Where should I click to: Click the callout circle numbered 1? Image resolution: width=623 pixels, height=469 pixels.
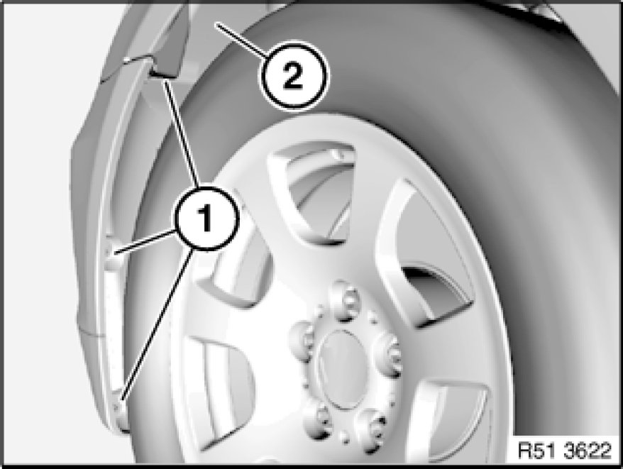click(x=206, y=219)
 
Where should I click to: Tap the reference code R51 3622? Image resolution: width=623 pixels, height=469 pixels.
click(x=565, y=451)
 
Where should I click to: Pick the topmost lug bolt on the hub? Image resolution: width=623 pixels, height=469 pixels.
click(x=344, y=300)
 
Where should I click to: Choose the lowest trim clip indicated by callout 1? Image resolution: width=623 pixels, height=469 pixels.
click(x=119, y=405)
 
